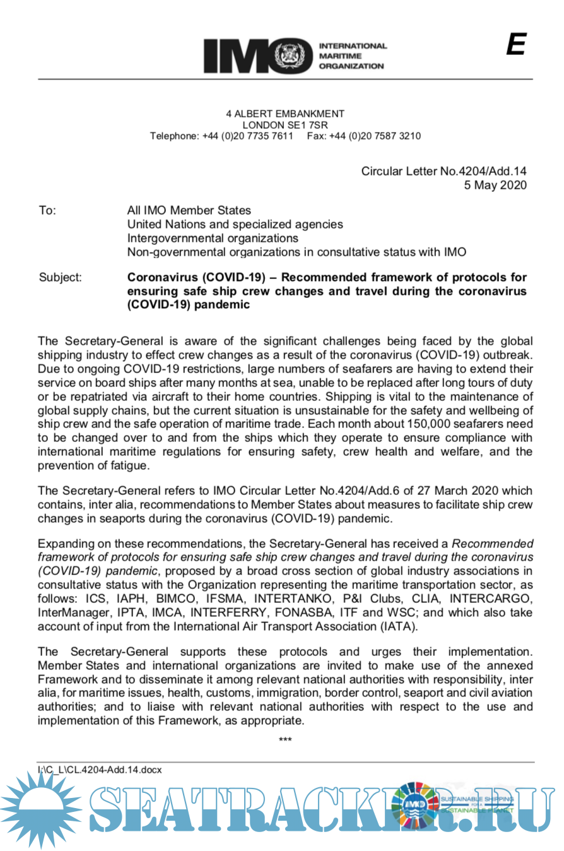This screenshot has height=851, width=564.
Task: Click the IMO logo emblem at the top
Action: tap(295, 56)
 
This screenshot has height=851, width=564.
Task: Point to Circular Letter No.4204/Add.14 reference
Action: tap(444, 171)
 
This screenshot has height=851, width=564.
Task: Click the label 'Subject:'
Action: tap(60, 277)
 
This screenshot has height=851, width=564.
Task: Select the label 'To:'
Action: tap(47, 210)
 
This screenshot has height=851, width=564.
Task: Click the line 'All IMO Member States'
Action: tap(189, 210)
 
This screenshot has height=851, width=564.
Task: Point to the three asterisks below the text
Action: tap(285, 739)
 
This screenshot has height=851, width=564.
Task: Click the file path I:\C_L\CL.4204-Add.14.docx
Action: tap(100, 770)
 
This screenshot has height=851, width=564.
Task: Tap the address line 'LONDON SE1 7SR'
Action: tap(285, 125)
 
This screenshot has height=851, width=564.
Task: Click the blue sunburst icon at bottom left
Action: tap(39, 809)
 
